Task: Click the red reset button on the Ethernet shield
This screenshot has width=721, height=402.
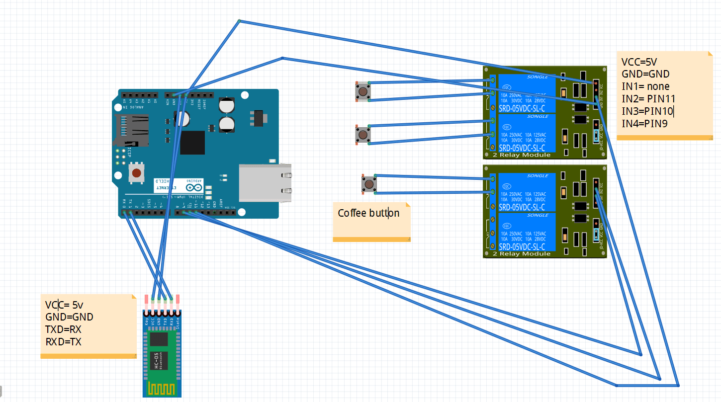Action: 136,173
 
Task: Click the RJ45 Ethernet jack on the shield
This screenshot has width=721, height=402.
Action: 264,182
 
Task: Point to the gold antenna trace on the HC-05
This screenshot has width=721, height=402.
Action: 162,388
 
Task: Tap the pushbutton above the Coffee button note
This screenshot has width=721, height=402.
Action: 369,184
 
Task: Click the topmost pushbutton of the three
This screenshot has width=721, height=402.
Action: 362,91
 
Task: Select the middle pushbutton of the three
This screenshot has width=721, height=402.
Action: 363,135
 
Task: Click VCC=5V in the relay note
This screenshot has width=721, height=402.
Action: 639,62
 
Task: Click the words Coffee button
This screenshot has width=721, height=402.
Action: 368,213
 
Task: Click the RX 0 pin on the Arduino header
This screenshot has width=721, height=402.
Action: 124,212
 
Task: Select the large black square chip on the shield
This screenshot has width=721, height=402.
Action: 192,143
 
